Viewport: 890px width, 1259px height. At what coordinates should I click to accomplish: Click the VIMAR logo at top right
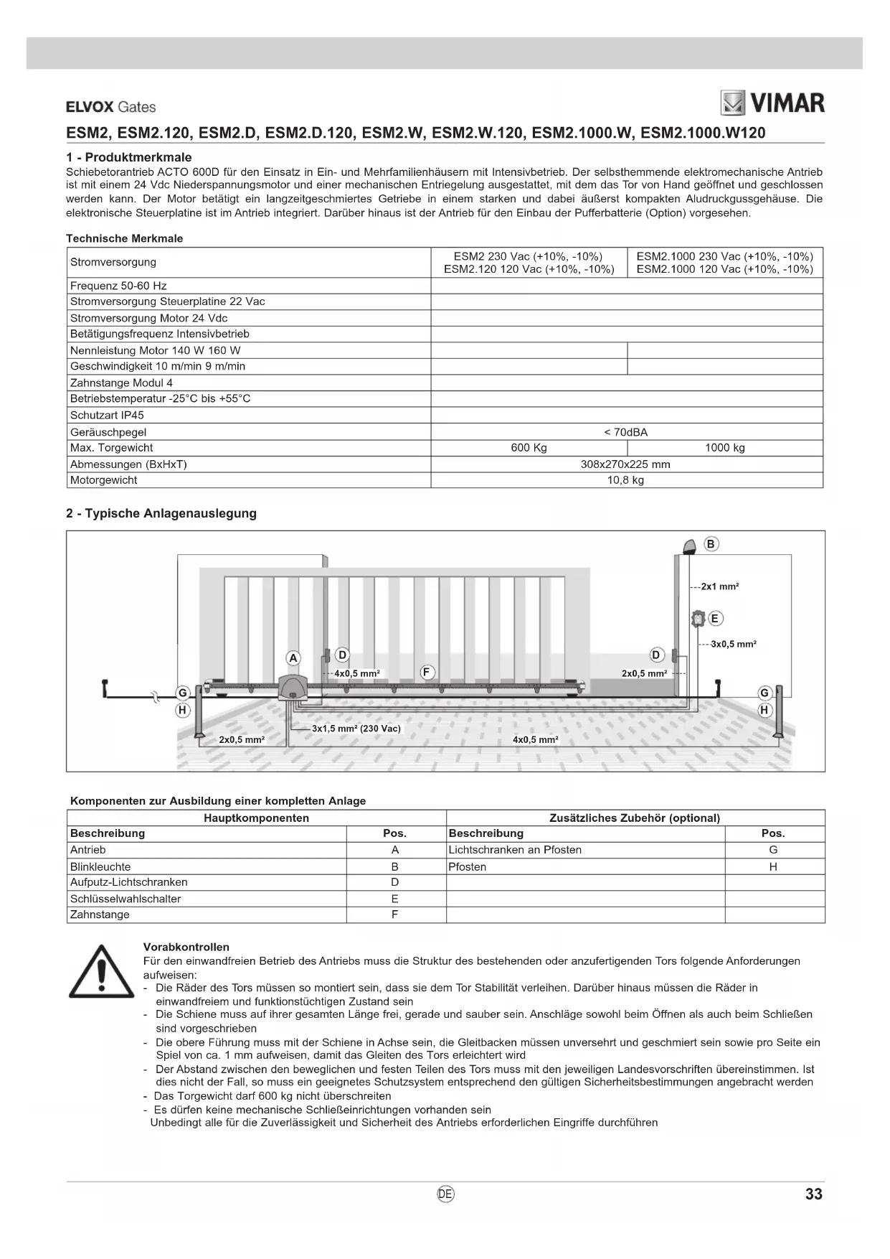(772, 103)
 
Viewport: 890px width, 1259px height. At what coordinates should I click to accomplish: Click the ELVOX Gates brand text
(110, 107)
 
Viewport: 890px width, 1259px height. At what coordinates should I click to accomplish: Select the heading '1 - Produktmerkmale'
(129, 157)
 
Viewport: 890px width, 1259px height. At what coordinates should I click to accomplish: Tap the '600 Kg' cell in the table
(529, 448)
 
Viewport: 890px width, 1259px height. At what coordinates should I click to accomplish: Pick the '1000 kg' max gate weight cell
(725, 448)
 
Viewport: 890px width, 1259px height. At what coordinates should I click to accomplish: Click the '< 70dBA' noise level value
(626, 432)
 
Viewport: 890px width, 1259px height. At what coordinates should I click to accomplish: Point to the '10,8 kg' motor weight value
(626, 480)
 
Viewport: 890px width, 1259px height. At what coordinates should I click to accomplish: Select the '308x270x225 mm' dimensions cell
(626, 464)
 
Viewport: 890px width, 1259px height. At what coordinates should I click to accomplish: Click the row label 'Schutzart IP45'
(107, 416)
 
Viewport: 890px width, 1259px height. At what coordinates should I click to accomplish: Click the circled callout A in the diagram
(293, 657)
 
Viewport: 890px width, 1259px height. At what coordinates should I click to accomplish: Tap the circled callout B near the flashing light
(711, 544)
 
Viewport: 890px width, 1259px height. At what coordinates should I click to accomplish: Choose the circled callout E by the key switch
(714, 619)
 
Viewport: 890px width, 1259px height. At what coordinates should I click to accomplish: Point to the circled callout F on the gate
(427, 673)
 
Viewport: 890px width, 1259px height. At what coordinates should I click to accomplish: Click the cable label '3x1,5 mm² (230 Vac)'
(356, 729)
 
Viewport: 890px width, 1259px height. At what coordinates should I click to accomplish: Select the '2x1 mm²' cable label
(720, 586)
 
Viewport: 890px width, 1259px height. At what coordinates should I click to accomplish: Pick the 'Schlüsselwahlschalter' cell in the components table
(126, 899)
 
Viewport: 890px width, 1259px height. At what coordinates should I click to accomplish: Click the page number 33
(813, 1194)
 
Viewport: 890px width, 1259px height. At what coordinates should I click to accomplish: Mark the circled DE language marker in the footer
(445, 1194)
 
